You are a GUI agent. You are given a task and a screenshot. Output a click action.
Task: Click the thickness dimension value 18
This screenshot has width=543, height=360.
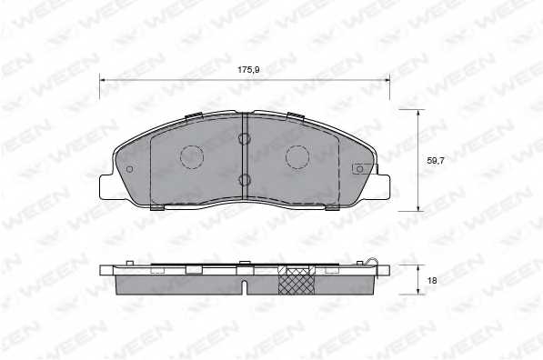click(x=432, y=281)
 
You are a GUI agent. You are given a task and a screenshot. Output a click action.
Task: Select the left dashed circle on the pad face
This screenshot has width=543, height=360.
click(x=193, y=157)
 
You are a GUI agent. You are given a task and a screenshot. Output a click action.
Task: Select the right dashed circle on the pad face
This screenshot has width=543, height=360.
click(x=298, y=157)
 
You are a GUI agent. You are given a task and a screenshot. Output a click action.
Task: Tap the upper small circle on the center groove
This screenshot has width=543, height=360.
click(x=244, y=138)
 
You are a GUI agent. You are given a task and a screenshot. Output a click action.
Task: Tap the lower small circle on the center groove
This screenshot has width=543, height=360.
click(x=244, y=179)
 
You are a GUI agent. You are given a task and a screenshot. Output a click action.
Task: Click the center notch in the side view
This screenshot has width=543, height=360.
click(x=245, y=289)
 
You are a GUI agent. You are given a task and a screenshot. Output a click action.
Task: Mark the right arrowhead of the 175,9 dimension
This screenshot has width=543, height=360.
click(x=387, y=80)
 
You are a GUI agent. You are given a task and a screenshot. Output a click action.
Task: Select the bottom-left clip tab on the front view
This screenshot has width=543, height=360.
click(x=156, y=208)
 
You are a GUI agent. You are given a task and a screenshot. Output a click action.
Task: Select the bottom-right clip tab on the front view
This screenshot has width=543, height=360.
click(x=332, y=208)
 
